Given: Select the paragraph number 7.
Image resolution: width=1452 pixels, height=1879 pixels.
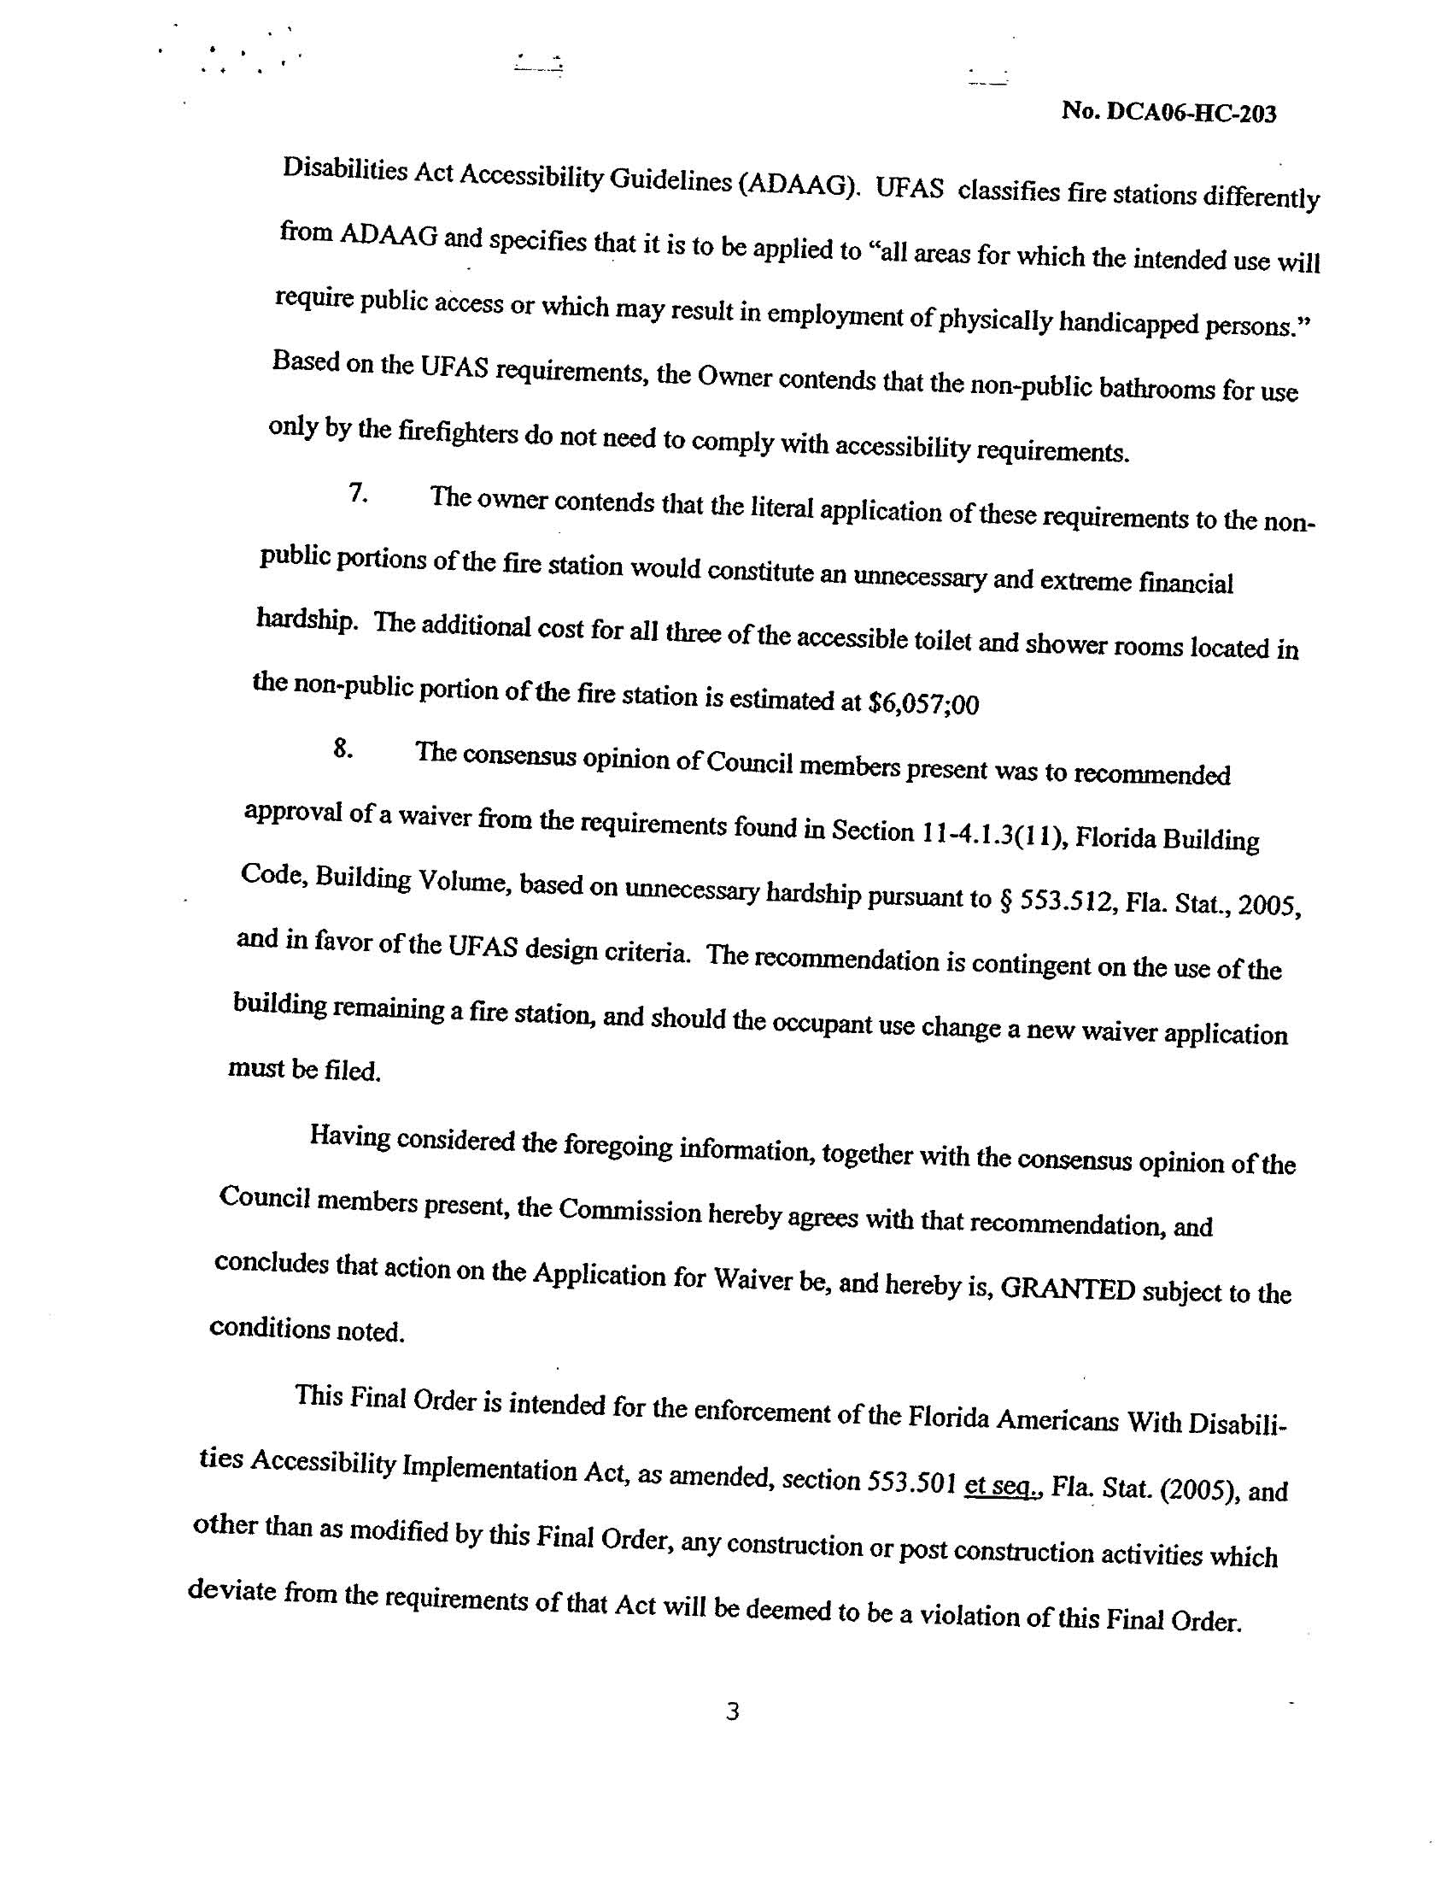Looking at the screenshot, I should click(x=358, y=493).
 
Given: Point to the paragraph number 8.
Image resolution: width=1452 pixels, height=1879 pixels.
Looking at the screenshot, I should click(x=343, y=749).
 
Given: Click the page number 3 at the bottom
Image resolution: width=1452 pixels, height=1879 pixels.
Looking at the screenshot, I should click(x=732, y=1712).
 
